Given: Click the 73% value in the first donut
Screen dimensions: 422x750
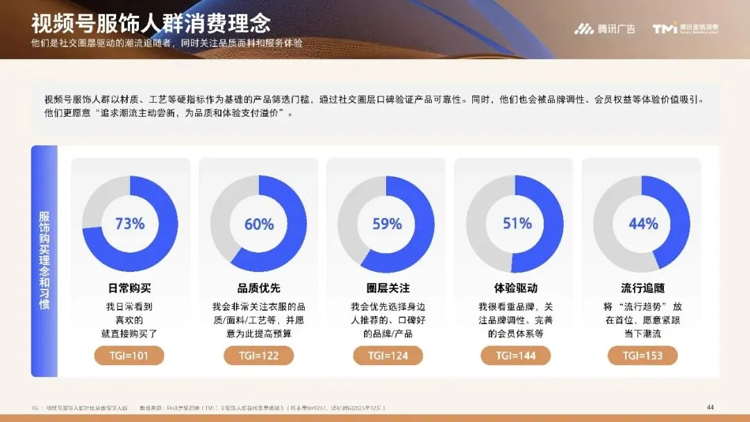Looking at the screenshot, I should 130,224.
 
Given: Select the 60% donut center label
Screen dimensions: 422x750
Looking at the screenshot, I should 259,224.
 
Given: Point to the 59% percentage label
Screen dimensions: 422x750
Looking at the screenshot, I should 387,224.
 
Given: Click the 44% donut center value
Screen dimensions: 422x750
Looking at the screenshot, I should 643,224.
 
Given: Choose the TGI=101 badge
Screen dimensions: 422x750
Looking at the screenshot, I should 130,355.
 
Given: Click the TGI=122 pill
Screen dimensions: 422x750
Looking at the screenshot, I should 259,355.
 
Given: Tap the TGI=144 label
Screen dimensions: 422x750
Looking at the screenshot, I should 515,355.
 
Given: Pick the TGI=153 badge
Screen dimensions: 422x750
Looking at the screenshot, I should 643,355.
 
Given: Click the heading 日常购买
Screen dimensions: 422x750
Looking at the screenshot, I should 130,288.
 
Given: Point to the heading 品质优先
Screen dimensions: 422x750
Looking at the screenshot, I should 259,288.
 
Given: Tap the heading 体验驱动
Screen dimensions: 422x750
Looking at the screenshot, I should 515,288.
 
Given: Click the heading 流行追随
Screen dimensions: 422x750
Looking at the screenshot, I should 643,288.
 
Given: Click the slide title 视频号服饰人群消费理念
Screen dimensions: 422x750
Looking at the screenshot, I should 151,23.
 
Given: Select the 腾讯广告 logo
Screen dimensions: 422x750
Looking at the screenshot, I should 604,29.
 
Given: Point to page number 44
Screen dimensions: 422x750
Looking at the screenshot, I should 710,407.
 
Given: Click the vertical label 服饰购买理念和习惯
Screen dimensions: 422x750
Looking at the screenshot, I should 44,260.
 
